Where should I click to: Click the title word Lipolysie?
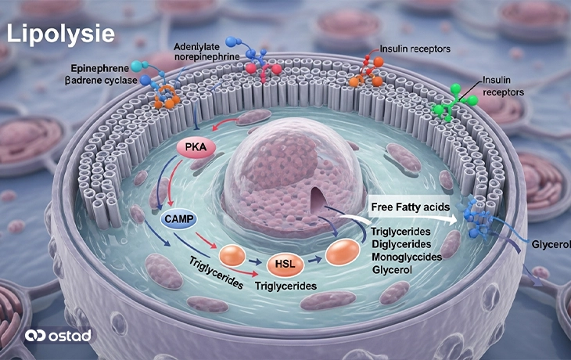pyautogui.click(x=60, y=34)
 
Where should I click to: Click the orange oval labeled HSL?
pyautogui.click(x=285, y=264)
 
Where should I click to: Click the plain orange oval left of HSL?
pyautogui.click(x=232, y=255)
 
